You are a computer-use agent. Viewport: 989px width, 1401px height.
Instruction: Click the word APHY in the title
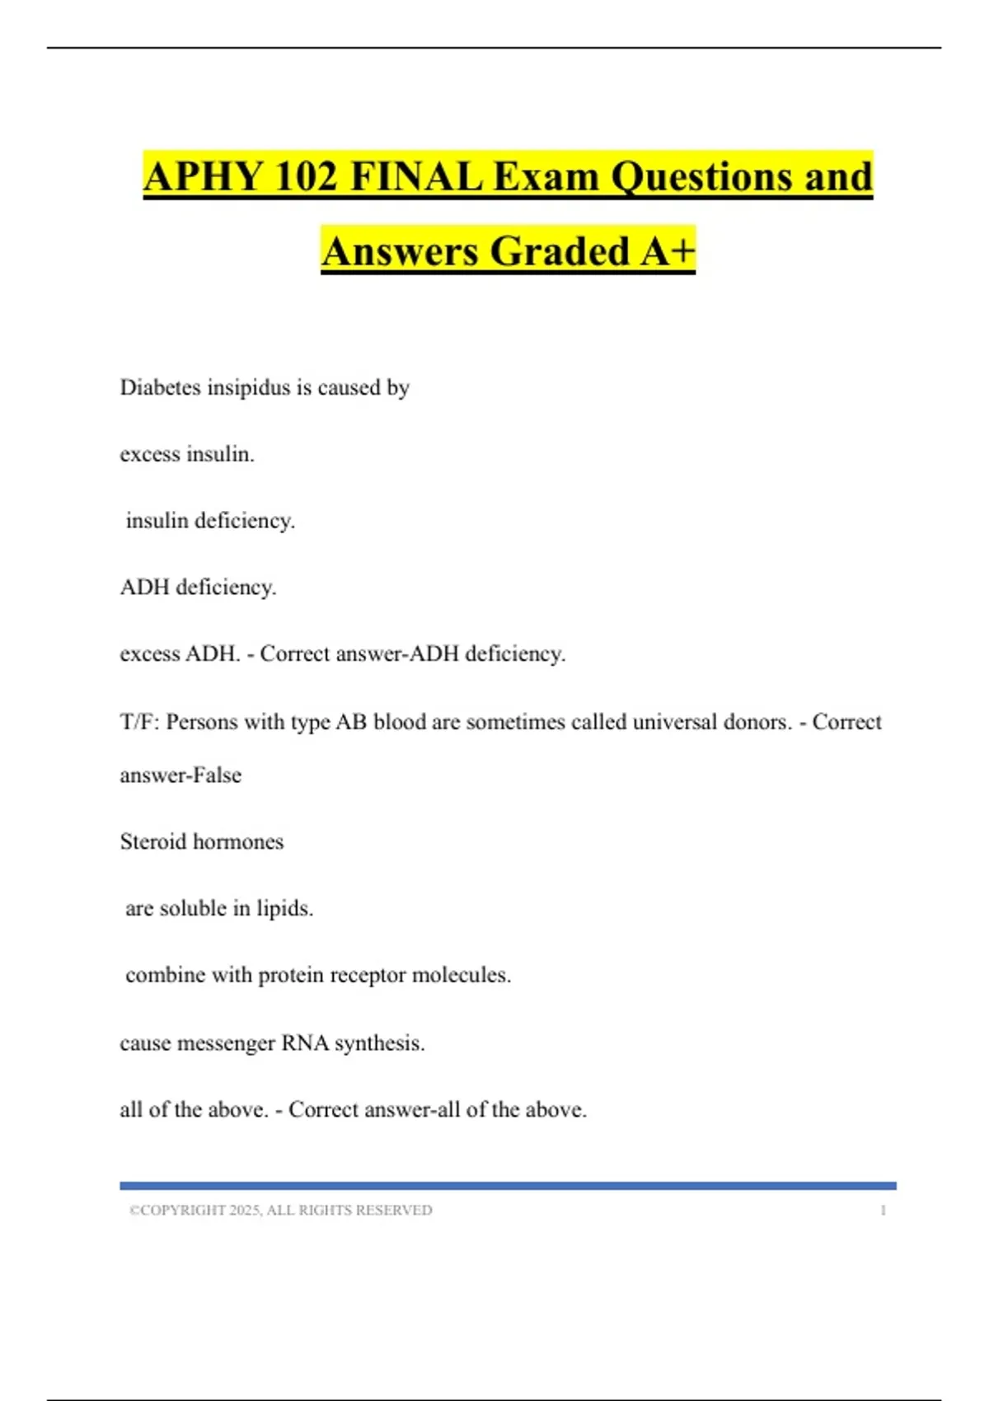pyautogui.click(x=203, y=177)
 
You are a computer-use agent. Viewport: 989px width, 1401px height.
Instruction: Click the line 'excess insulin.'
pyautogui.click(x=187, y=454)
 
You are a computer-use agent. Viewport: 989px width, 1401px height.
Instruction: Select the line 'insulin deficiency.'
pyautogui.click(x=210, y=521)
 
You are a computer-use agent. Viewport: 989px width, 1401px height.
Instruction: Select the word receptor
pyautogui.click(x=368, y=975)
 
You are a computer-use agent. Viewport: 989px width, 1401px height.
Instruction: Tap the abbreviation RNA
pyautogui.click(x=305, y=1043)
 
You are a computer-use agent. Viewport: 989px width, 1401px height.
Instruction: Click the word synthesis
pyautogui.click(x=380, y=1043)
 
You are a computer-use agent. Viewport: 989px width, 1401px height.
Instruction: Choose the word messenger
pyautogui.click(x=227, y=1043)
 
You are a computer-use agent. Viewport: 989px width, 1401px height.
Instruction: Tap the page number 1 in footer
pyautogui.click(x=884, y=1211)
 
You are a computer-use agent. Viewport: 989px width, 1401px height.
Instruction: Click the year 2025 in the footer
pyautogui.click(x=245, y=1211)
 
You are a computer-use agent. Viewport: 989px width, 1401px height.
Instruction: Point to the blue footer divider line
pyautogui.click(x=508, y=1186)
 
